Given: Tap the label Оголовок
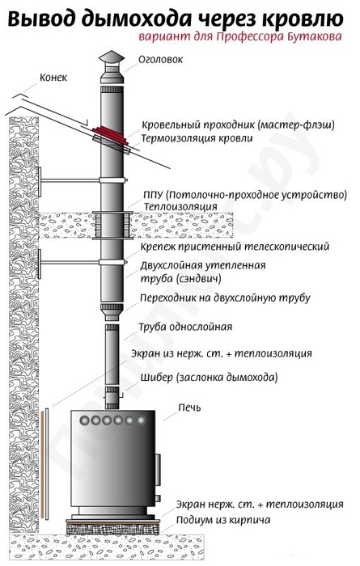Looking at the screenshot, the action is (x=161, y=60).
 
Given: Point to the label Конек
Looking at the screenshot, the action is (x=53, y=78).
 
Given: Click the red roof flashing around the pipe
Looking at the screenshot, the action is (x=110, y=136).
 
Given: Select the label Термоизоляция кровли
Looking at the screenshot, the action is (x=197, y=138).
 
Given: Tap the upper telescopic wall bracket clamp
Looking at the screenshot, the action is (x=113, y=180).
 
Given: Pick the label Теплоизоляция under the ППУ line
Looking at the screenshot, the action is (x=181, y=207).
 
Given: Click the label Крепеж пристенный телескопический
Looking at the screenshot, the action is (x=235, y=247).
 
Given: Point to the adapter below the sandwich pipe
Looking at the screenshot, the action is (x=112, y=312).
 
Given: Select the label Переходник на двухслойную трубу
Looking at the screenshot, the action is (x=225, y=298).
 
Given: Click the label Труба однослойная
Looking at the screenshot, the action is (x=185, y=327).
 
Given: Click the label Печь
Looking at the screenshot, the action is (x=189, y=408).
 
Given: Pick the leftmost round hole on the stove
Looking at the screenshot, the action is (x=84, y=420).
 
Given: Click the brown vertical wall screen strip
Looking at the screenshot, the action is (x=42, y=464).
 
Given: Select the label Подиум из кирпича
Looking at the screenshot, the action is (x=223, y=520).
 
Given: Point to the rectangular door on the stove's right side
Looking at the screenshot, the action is (x=158, y=470).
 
